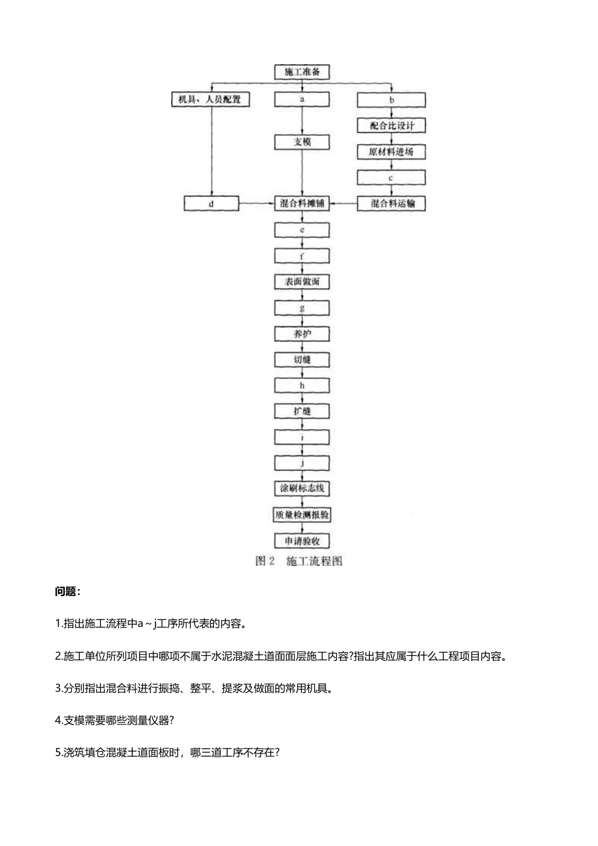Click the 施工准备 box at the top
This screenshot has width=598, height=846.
click(302, 72)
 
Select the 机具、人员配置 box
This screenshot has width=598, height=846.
click(211, 99)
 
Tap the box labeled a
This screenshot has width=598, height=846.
click(302, 99)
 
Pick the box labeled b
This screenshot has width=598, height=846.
click(392, 100)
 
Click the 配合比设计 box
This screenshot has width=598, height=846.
click(392, 126)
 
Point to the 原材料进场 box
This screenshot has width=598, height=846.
click(392, 152)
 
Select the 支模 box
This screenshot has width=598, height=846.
click(302, 142)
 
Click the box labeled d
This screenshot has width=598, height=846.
click(212, 204)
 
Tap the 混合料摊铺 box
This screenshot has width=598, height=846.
click(302, 203)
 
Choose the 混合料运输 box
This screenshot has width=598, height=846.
click(392, 203)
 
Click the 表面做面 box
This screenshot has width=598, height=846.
click(302, 282)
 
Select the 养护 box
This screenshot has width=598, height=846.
click(302, 334)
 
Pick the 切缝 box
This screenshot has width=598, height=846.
click(302, 360)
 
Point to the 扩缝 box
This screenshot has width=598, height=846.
click(302, 412)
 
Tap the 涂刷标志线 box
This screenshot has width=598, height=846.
click(302, 488)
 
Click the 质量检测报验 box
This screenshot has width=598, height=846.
click(302, 515)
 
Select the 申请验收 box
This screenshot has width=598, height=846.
click(302, 541)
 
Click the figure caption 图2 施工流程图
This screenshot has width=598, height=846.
click(299, 561)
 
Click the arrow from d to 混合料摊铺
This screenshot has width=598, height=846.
click(257, 203)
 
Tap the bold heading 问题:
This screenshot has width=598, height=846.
click(68, 592)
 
